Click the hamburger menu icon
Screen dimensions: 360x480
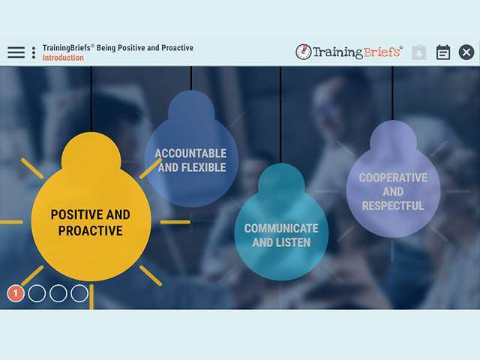16,52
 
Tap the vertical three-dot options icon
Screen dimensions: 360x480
34,52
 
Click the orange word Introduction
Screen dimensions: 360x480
63,58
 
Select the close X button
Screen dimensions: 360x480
466,52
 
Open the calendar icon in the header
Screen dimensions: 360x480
443,52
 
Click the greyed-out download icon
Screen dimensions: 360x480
419,52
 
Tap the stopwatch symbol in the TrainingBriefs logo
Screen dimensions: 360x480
304,52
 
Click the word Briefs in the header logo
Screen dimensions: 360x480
382,52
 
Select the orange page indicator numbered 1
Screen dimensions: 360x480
16,293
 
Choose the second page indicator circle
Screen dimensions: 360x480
37,293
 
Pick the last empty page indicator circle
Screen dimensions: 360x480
79,293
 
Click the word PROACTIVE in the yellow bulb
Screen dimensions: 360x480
90,231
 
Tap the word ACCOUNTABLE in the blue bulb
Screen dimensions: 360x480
190,154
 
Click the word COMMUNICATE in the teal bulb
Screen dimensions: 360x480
281,229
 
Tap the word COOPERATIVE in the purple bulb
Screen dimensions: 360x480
393,178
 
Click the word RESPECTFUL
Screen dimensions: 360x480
393,205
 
